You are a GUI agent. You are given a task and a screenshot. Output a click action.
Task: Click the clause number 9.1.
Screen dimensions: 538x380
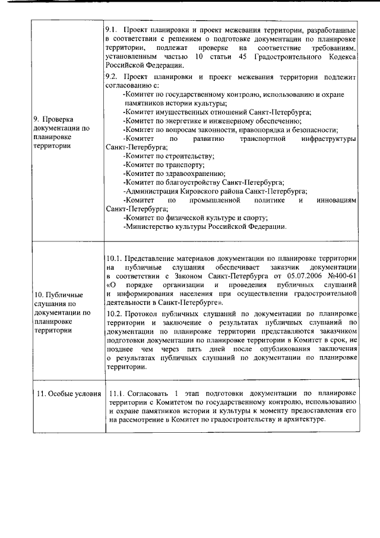point(111,29)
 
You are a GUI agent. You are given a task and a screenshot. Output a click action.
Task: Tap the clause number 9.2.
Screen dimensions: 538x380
point(111,77)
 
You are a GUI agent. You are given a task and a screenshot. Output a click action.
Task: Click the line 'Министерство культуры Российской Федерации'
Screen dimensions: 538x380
point(205,226)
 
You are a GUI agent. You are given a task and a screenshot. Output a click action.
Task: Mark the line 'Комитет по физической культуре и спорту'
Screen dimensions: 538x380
point(195,218)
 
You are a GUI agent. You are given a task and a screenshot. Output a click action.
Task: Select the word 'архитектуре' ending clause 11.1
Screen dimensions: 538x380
point(304,420)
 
